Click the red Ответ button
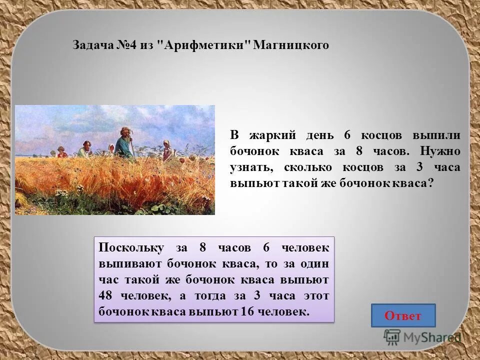click(x=403, y=316)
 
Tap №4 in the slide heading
click(x=127, y=45)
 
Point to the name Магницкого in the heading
click(x=291, y=45)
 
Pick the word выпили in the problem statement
click(x=436, y=135)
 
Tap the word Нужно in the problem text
click(x=440, y=151)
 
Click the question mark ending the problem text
click(x=429, y=183)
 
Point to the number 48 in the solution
click(x=106, y=295)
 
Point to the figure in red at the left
click(x=62, y=152)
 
